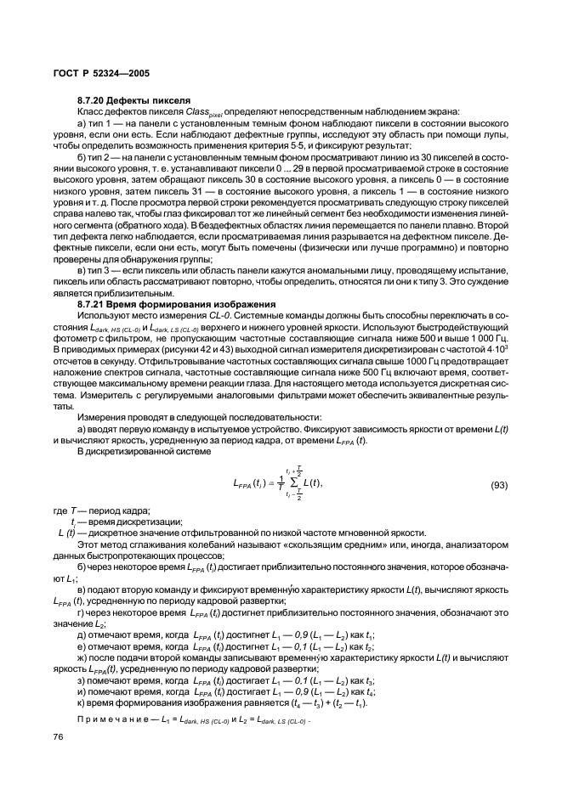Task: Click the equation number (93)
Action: pyautogui.click(x=504, y=484)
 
